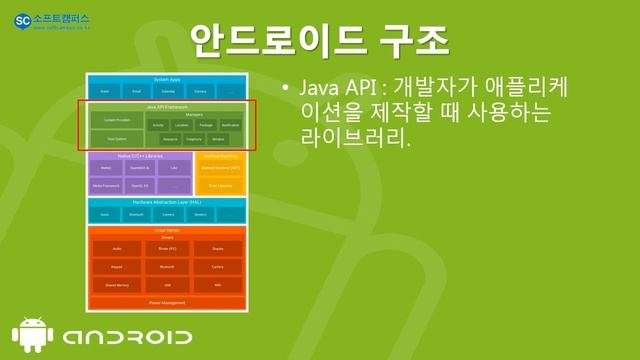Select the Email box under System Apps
(137, 90)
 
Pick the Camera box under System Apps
(200, 90)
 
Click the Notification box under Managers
(231, 125)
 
